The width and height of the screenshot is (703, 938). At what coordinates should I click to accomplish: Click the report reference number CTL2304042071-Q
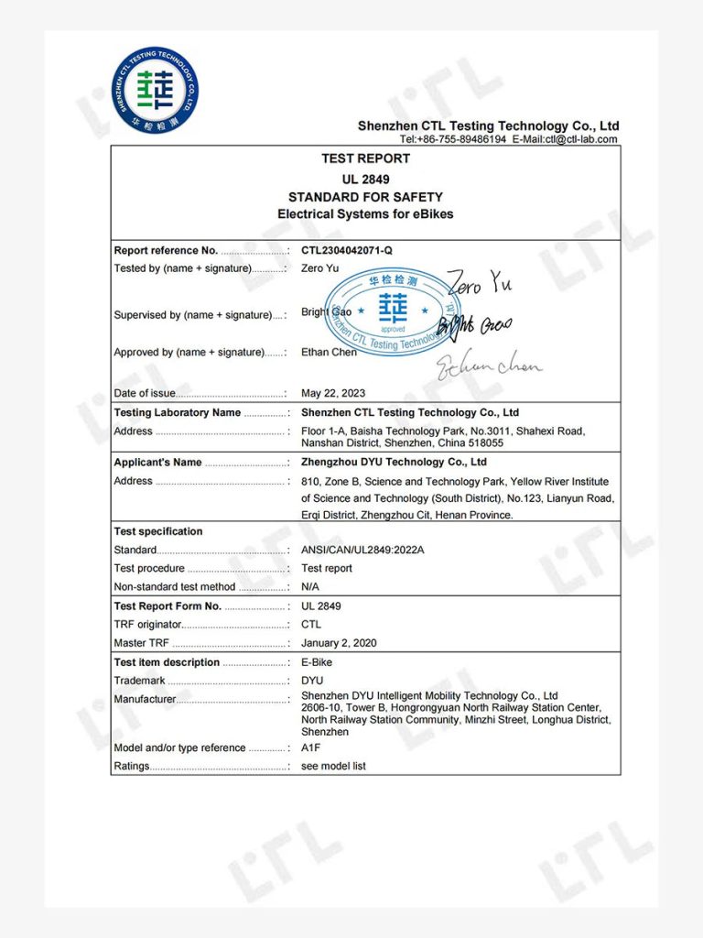click(x=347, y=250)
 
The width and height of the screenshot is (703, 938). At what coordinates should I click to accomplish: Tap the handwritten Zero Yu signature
click(x=480, y=283)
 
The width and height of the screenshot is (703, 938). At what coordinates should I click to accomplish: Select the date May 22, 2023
click(x=333, y=393)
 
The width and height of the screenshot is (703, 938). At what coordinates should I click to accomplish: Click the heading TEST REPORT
click(x=365, y=158)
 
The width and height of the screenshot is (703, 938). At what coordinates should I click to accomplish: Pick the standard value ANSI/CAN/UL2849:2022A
click(x=363, y=550)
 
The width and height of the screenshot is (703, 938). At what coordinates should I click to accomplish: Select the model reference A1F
click(x=311, y=747)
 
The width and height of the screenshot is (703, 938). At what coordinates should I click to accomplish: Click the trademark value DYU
click(x=312, y=681)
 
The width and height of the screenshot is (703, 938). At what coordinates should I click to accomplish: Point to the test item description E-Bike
click(x=317, y=662)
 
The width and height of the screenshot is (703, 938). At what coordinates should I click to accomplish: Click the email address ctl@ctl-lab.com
click(x=581, y=139)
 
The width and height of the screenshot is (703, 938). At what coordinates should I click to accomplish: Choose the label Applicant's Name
click(x=157, y=463)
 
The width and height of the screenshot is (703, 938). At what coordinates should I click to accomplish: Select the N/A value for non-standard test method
click(x=310, y=586)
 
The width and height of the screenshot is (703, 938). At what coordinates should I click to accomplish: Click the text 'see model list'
click(x=333, y=766)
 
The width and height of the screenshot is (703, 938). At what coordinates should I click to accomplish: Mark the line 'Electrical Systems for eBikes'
click(x=365, y=214)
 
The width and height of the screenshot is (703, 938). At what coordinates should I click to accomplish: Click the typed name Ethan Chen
click(x=330, y=352)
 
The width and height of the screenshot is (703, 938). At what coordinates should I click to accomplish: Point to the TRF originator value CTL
click(x=311, y=624)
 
